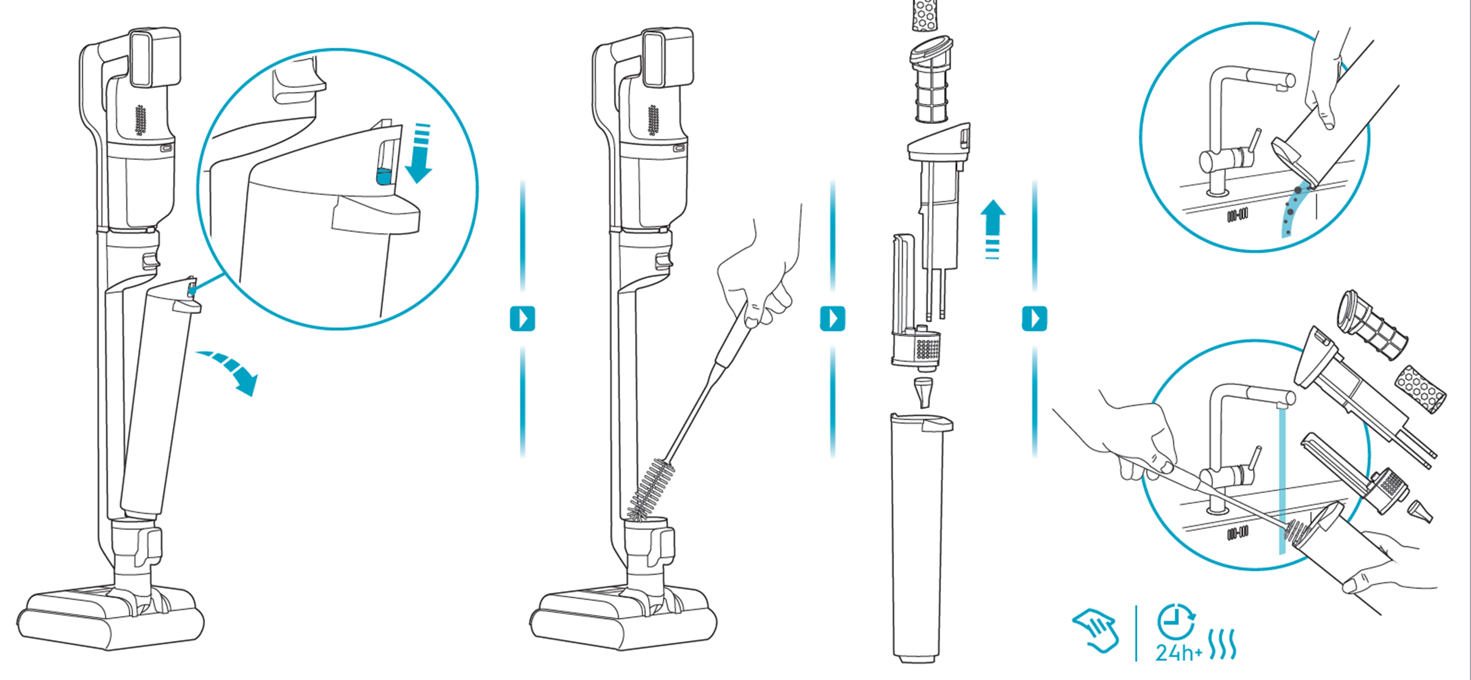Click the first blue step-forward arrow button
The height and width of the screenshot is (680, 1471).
(522, 319)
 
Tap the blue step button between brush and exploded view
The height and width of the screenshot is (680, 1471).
(832, 319)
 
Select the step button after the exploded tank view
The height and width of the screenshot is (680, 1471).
(1034, 319)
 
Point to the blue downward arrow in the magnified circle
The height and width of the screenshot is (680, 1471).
(420, 153)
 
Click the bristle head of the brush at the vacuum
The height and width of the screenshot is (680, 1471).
(650, 490)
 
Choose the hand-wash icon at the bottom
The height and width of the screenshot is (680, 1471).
(1096, 630)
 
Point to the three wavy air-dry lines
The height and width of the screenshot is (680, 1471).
(1222, 644)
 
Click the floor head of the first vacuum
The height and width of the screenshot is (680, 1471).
(110, 617)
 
